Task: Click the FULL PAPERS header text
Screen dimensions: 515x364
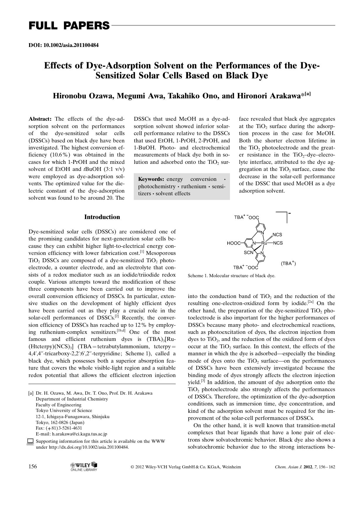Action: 69,26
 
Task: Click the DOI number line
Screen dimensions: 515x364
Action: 63,45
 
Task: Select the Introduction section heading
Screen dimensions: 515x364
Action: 102,217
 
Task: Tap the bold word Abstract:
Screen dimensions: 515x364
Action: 40,119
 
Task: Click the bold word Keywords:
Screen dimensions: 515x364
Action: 151,179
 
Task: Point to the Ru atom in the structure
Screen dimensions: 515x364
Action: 264,243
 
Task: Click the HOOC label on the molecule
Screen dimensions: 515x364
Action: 234,243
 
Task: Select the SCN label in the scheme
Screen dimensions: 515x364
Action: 248,252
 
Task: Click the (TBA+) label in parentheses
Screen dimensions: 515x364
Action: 288,263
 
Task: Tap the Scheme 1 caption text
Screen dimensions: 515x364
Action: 231,276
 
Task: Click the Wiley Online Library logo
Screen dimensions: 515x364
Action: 84,467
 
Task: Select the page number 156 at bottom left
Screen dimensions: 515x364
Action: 33,467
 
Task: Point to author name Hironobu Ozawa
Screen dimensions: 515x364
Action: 83,96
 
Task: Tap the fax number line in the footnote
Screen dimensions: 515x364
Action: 59,428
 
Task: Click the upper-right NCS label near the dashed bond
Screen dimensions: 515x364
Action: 277,235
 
